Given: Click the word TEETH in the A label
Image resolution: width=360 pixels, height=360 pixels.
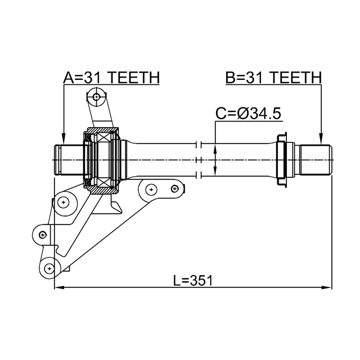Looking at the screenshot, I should [x=134, y=78].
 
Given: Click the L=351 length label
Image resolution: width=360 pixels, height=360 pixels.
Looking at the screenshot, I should [x=193, y=280].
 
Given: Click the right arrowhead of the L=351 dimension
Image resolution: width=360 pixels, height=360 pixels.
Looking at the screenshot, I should [x=327, y=288].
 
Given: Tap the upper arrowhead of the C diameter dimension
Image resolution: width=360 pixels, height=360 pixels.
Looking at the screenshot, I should [x=216, y=147].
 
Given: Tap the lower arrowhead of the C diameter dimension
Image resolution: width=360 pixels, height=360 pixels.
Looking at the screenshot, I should [x=216, y=173].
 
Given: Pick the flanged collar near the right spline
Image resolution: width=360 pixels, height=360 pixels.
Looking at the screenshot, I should [x=283, y=160].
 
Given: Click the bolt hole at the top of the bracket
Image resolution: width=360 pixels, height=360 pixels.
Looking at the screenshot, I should [x=97, y=97].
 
